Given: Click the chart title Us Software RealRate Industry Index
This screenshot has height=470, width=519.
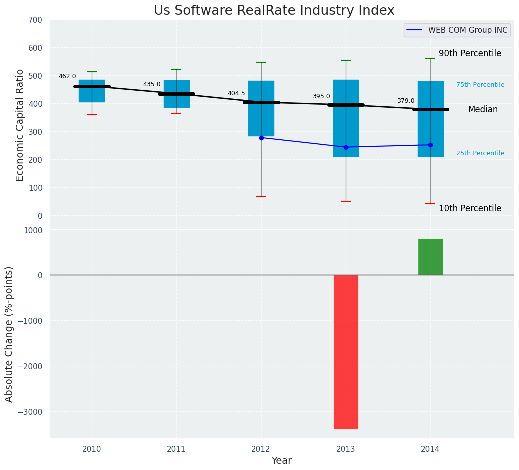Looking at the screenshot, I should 274,11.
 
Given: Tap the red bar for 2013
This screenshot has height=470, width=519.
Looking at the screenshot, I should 346,352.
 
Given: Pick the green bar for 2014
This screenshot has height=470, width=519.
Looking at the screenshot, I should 430,257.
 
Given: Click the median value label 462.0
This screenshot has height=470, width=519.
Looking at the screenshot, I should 67,76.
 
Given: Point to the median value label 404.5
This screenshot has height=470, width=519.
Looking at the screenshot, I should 236,93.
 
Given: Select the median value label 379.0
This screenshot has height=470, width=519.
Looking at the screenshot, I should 406,101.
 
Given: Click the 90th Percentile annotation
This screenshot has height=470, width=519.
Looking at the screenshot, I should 470,53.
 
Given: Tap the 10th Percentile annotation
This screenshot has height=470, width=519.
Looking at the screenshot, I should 470,208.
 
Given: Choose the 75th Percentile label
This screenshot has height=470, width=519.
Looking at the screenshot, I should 480,85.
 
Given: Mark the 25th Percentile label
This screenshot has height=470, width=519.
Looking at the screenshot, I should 480,153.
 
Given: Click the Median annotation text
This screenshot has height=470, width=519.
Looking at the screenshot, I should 483,109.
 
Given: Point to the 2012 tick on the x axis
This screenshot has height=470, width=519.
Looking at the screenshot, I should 261,449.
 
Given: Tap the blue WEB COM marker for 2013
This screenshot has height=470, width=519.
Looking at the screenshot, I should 346,147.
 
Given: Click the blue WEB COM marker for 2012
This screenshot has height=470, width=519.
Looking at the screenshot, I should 261,138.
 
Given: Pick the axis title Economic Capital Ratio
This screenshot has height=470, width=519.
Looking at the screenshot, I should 20,125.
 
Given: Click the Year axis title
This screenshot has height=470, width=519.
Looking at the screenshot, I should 281,461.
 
